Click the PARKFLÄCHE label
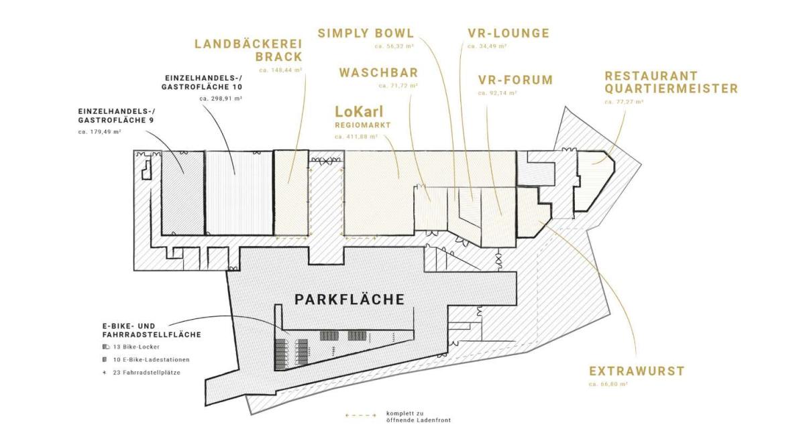(350, 300)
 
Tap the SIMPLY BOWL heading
(366, 34)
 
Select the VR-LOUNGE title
(508, 34)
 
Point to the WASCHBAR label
(379, 72)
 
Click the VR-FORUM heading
(515, 80)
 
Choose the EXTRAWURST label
(637, 371)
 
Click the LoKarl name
(359, 112)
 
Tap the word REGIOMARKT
(363, 125)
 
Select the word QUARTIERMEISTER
(672, 88)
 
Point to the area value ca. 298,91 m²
(221, 99)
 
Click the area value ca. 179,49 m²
(99, 132)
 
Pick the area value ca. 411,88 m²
(356, 137)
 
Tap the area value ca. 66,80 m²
(608, 384)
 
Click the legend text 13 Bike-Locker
(136, 347)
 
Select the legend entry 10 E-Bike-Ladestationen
(152, 359)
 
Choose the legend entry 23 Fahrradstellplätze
(147, 373)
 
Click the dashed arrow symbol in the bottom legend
(361, 416)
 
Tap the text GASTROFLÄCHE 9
(115, 121)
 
